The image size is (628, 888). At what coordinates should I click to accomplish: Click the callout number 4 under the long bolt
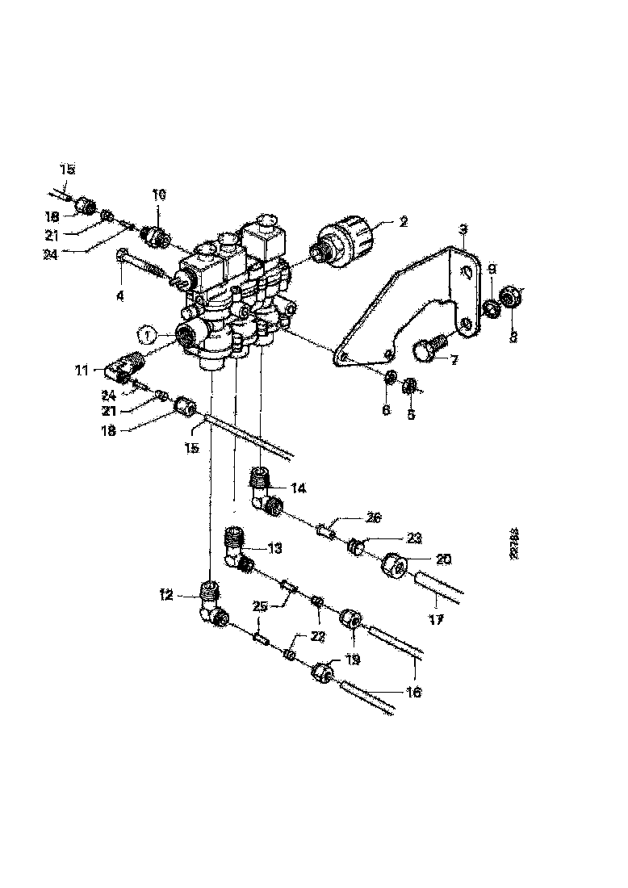(119, 296)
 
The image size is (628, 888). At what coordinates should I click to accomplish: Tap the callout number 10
(158, 195)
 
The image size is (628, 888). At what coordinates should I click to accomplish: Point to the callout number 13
(274, 548)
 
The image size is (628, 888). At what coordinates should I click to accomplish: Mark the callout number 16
(415, 692)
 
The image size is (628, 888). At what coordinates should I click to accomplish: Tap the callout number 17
(437, 621)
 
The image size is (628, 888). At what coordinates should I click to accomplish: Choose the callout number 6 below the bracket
(386, 410)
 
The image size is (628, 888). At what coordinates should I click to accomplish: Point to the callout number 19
(353, 660)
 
